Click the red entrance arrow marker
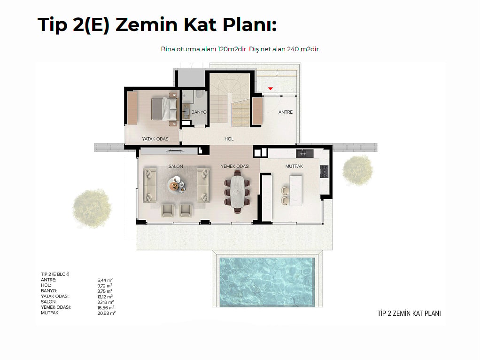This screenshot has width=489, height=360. tap(271, 89)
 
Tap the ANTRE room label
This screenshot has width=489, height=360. tap(285, 112)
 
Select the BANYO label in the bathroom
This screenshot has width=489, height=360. tap(199, 112)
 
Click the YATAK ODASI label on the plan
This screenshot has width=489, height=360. tap(155, 139)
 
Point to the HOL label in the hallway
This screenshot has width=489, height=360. tap(229, 139)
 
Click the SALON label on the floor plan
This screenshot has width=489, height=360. tap(176, 166)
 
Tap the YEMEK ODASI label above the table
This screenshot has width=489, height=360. tap(235, 166)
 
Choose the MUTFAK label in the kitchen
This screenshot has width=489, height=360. tap(294, 166)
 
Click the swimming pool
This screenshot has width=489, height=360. tap(267, 282)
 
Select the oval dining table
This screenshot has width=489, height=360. tap(237, 191)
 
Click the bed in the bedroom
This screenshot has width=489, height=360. tap(164, 109)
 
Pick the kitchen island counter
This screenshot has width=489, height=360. tap(295, 190)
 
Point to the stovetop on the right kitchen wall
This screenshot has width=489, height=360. tap(324, 171)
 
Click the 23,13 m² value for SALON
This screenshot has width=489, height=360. tap(105, 302)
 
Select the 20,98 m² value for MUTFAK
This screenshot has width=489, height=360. tap(106, 313)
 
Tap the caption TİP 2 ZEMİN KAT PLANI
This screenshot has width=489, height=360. tap(409, 313)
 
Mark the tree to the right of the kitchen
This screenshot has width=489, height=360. tap(357, 170)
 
